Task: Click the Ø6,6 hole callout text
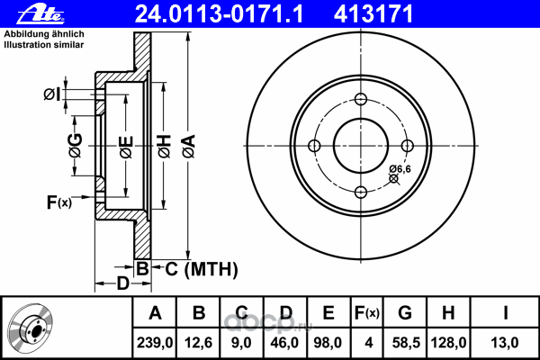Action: (x=400, y=168)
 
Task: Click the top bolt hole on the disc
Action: (x=361, y=100)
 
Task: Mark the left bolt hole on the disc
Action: (x=314, y=146)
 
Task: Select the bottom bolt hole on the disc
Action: (x=361, y=192)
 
